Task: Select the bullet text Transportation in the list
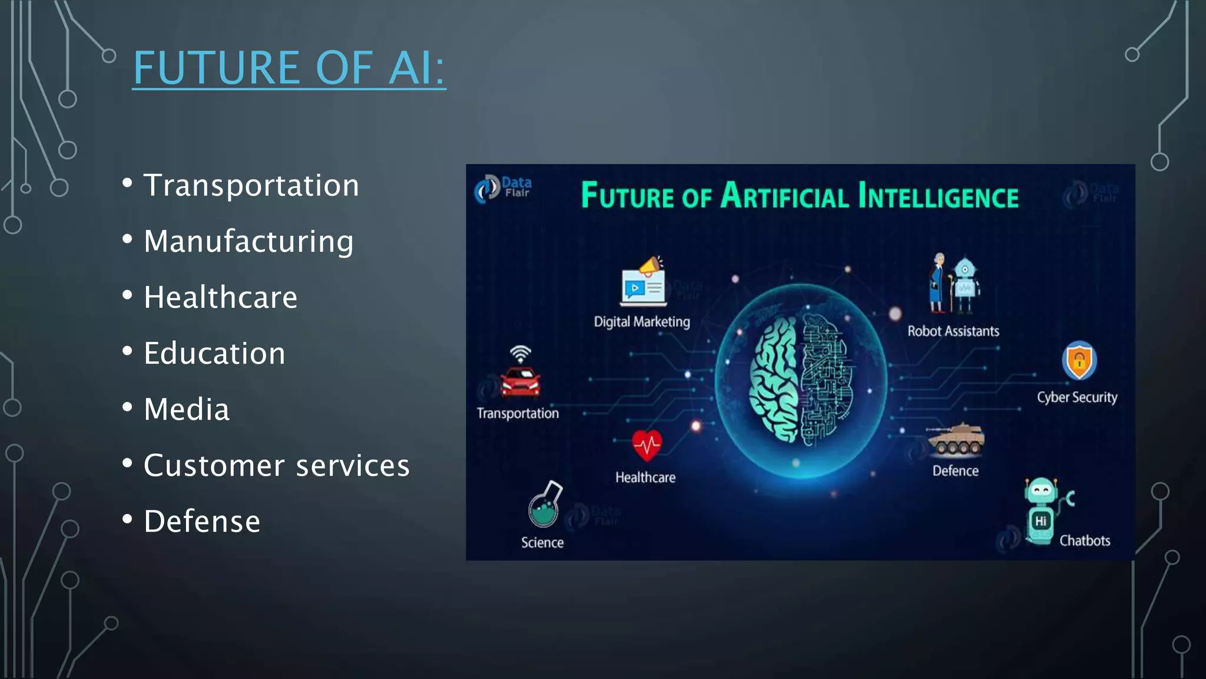251,185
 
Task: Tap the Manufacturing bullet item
249,241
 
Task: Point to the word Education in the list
214,353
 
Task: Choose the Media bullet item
186,409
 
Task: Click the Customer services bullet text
276,465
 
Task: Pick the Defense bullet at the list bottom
202,521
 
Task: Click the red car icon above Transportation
520,381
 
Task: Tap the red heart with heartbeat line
647,445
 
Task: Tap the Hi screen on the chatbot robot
1041,521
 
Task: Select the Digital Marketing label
641,322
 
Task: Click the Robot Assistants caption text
953,331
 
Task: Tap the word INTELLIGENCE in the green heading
938,196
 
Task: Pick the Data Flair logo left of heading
502,188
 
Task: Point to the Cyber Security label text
1076,397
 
